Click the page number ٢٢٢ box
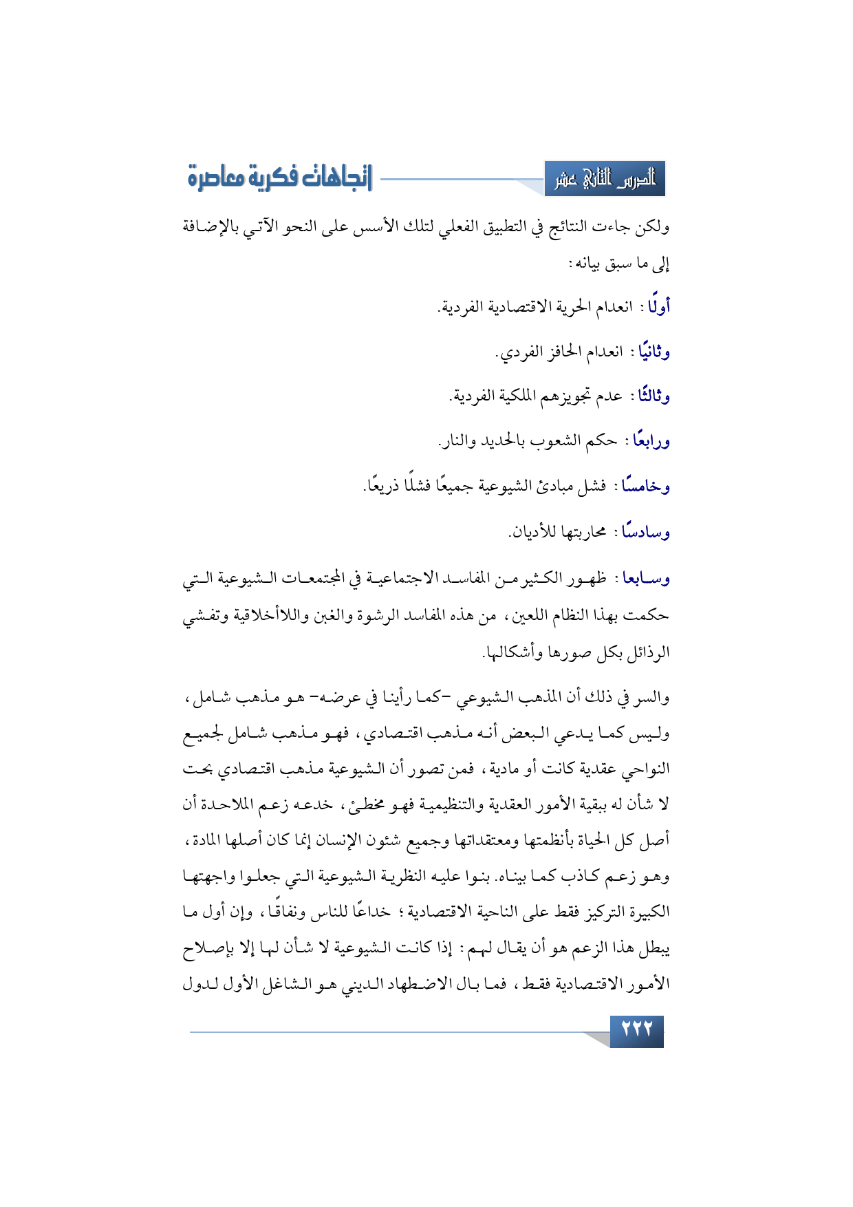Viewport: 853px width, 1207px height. [x=636, y=1031]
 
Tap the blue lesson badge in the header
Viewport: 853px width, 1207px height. [x=605, y=180]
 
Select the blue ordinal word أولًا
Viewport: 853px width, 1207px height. [x=658, y=307]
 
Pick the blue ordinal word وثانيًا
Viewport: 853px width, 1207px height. [x=653, y=352]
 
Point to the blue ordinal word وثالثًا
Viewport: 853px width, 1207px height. [x=654, y=397]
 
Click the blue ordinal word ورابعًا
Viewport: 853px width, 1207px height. [x=651, y=441]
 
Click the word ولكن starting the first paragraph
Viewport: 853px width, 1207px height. [x=651, y=227]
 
